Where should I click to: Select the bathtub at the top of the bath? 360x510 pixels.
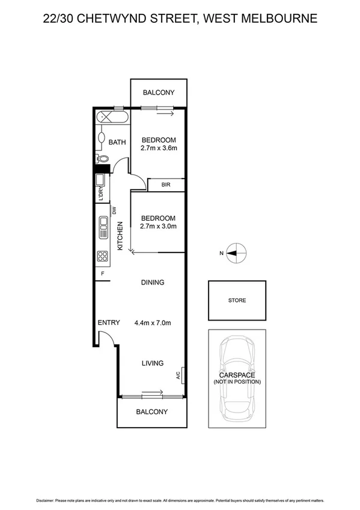click(x=112, y=117)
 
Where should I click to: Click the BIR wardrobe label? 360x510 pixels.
click(x=165, y=185)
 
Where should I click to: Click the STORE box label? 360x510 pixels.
click(x=236, y=301)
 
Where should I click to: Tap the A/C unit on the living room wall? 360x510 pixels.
click(x=181, y=376)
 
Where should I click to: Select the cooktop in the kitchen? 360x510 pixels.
click(x=102, y=257)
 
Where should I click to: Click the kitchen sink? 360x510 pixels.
click(x=102, y=229)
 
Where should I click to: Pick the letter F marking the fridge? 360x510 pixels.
click(x=103, y=274)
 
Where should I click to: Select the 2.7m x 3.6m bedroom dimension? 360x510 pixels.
click(x=158, y=148)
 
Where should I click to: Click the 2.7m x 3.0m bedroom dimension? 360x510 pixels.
click(x=158, y=227)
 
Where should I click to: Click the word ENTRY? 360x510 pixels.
click(x=109, y=323)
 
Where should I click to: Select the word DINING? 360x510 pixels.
click(x=153, y=283)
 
